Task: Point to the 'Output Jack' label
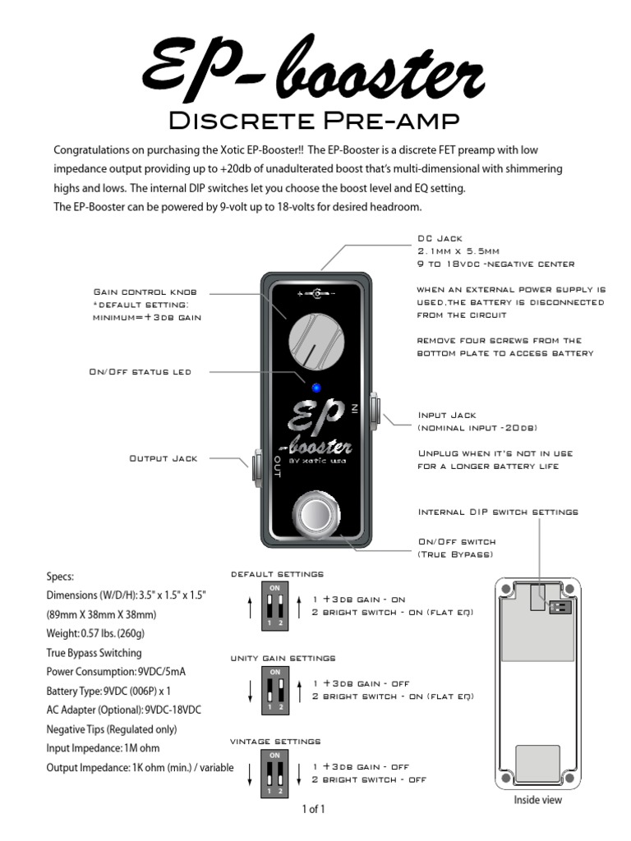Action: coord(164,458)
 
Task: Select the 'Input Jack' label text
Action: coord(447,416)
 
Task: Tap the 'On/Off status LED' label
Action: coord(140,372)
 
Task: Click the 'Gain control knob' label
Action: coord(145,292)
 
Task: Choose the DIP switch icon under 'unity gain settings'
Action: coord(275,689)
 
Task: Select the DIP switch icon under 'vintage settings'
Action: coord(275,773)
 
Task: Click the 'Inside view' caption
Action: coord(538,799)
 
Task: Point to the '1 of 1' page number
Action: coord(313,809)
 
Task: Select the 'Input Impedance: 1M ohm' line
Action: coord(104,748)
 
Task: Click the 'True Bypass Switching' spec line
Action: coord(94,653)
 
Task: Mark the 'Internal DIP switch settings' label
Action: coord(498,512)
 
